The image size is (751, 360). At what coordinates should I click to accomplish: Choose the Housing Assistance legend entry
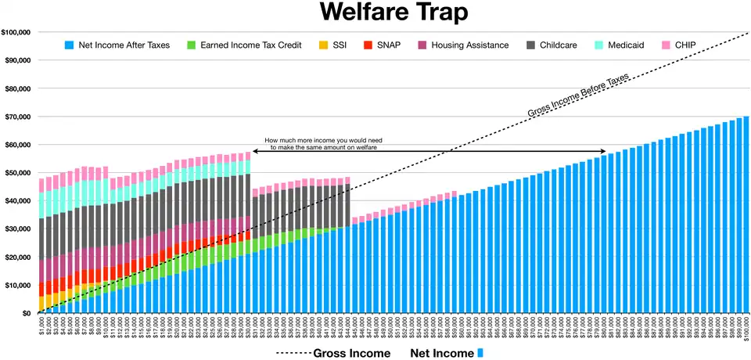coord(469,45)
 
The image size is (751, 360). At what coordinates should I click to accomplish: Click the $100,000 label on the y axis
coord(16,32)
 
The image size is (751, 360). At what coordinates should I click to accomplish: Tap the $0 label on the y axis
coord(26,313)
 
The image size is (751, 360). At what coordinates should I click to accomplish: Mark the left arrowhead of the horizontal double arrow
coord(254,150)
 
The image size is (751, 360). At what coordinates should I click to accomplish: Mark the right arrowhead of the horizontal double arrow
coord(604,150)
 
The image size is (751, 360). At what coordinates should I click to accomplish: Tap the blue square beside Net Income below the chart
coord(480,353)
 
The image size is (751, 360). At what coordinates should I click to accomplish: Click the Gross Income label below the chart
coord(351,353)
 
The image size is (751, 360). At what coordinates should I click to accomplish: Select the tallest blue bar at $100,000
coord(746,215)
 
